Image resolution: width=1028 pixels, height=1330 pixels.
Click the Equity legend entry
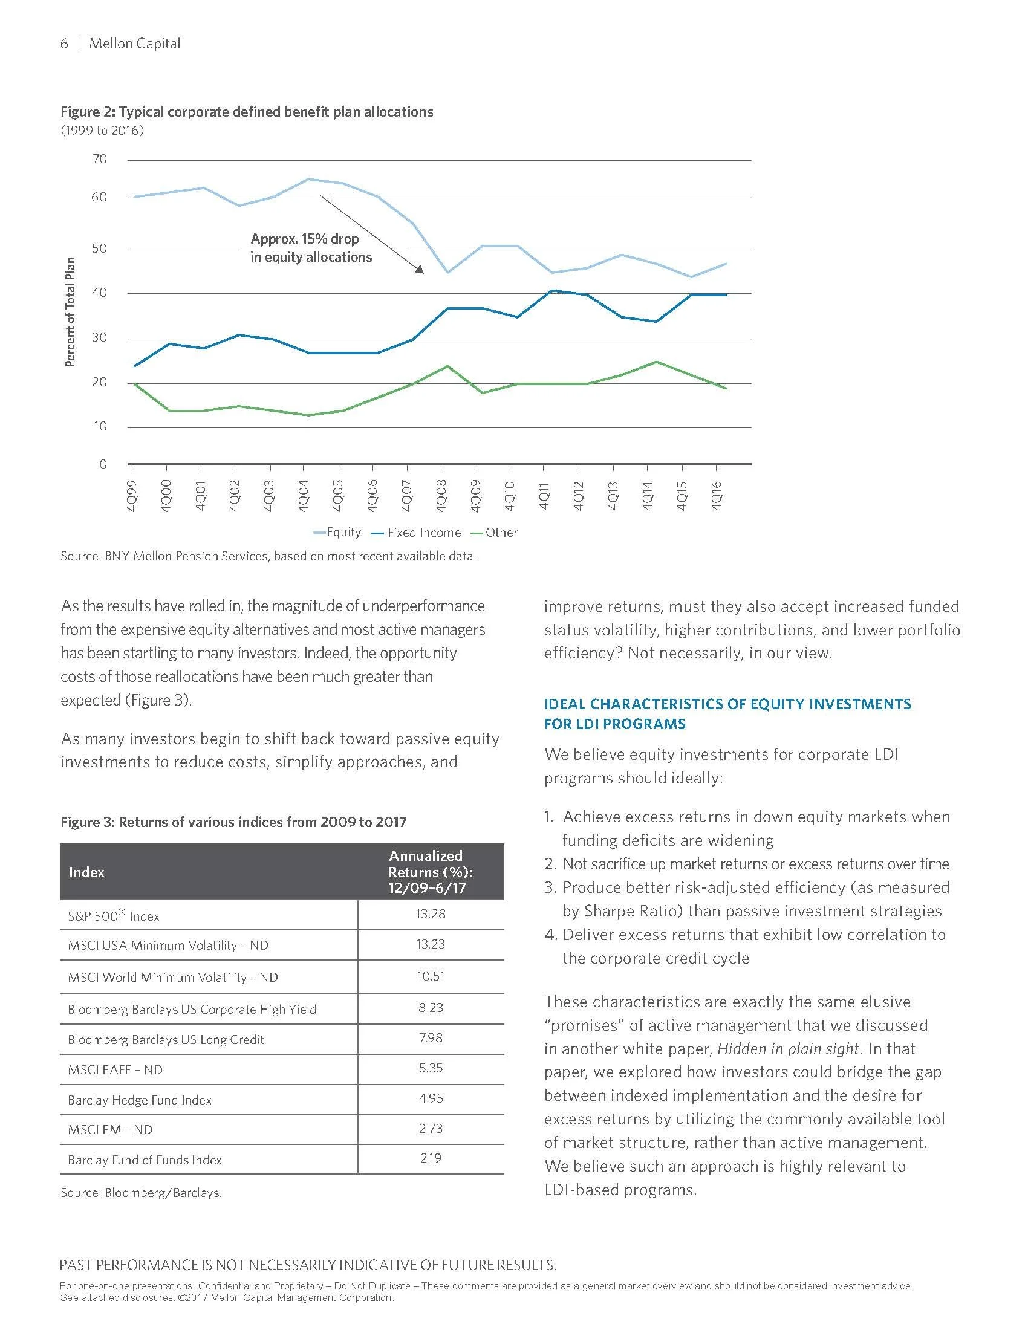(337, 532)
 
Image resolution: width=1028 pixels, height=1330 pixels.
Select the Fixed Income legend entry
(417, 532)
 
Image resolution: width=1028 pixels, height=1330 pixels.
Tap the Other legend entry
(495, 532)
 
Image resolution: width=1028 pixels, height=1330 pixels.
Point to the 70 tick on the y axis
(99, 160)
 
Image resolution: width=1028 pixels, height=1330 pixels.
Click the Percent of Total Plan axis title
(70, 311)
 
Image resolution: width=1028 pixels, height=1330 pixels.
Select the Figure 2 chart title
(247, 112)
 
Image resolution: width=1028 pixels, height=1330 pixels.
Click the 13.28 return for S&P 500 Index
(431, 914)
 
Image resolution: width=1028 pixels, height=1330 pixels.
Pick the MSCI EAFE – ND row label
(115, 1070)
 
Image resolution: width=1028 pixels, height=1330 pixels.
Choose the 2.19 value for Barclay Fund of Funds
(431, 1158)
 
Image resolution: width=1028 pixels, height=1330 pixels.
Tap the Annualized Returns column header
(431, 871)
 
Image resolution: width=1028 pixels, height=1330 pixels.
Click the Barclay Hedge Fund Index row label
(140, 1100)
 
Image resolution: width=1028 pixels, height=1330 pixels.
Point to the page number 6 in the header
(64, 44)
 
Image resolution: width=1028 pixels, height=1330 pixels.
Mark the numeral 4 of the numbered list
(549, 935)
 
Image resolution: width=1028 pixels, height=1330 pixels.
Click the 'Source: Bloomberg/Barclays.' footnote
(141, 1193)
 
